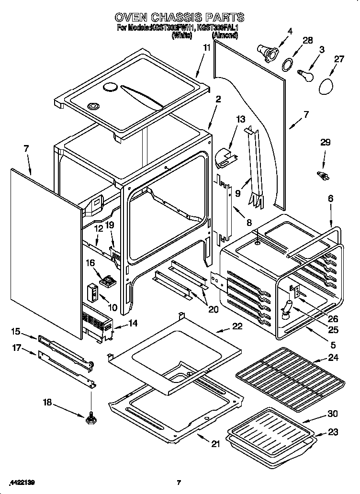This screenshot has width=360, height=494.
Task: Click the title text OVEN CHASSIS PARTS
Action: [180, 18]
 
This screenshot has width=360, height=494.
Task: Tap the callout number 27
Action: [339, 59]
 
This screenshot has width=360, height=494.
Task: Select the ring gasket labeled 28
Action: [288, 64]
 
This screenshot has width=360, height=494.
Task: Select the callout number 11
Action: [206, 47]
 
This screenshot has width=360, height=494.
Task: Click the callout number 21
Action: [216, 444]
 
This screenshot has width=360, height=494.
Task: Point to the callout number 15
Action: [16, 331]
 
